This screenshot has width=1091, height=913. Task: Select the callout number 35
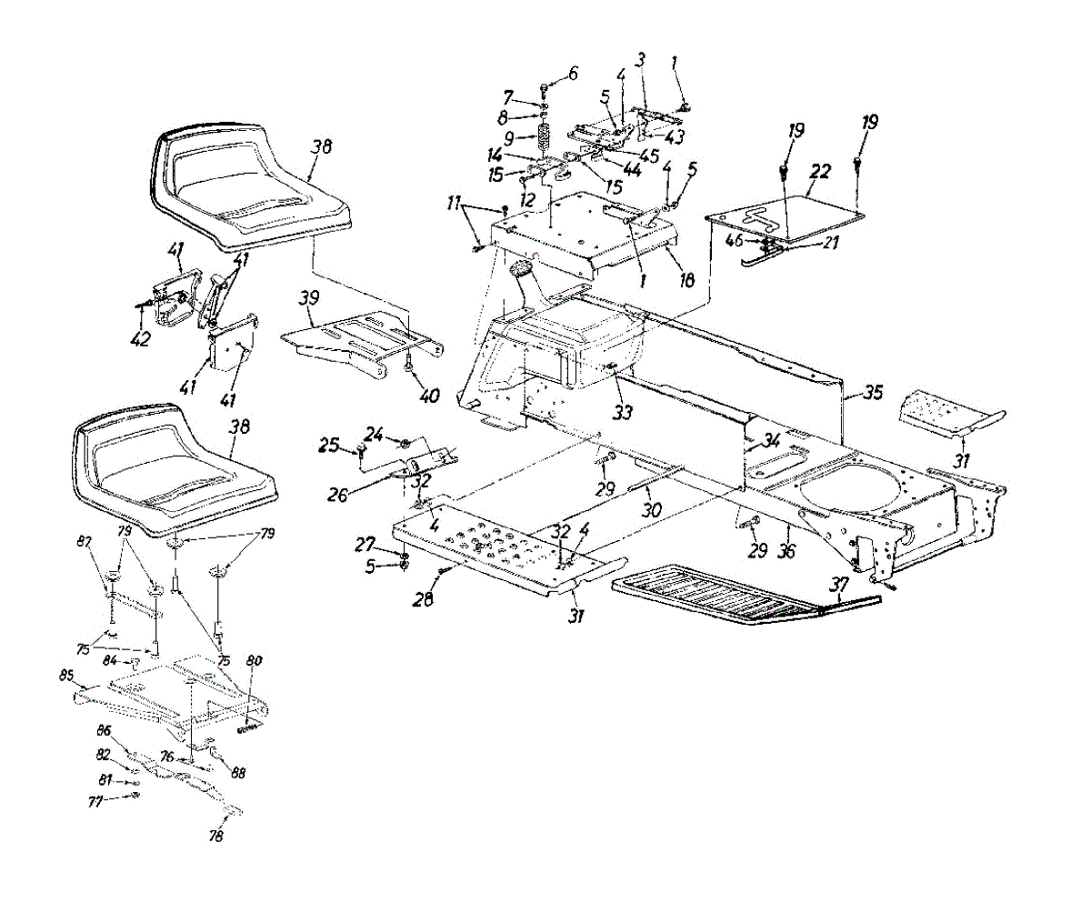(x=874, y=393)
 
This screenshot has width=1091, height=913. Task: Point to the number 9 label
(x=510, y=138)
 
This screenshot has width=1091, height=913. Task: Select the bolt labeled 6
(x=545, y=88)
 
